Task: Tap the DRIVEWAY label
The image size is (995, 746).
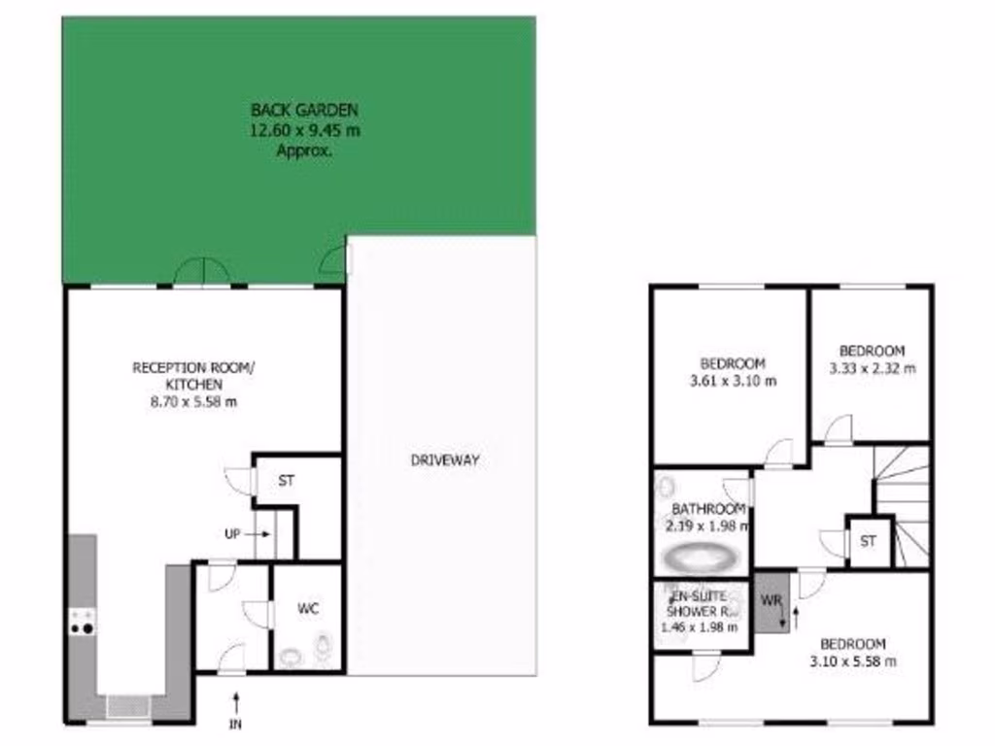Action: point(444,460)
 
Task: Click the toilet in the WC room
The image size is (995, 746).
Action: point(323,644)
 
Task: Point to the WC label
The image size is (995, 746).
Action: point(307,609)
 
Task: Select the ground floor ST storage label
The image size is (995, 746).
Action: point(287,480)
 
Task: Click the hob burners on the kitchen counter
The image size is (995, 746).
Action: point(82,621)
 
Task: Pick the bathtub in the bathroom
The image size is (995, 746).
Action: point(699,559)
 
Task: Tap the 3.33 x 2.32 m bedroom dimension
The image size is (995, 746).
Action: point(872,368)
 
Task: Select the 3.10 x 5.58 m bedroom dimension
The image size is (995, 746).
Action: point(852,661)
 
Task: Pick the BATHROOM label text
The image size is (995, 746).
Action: point(708,509)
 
